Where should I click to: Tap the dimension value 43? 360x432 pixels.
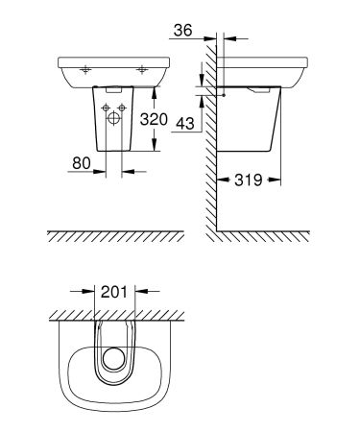(x=185, y=124)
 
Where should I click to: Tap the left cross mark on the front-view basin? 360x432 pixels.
(x=85, y=69)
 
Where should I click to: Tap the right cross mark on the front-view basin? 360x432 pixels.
(x=142, y=69)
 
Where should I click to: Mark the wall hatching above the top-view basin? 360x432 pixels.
(x=115, y=313)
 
